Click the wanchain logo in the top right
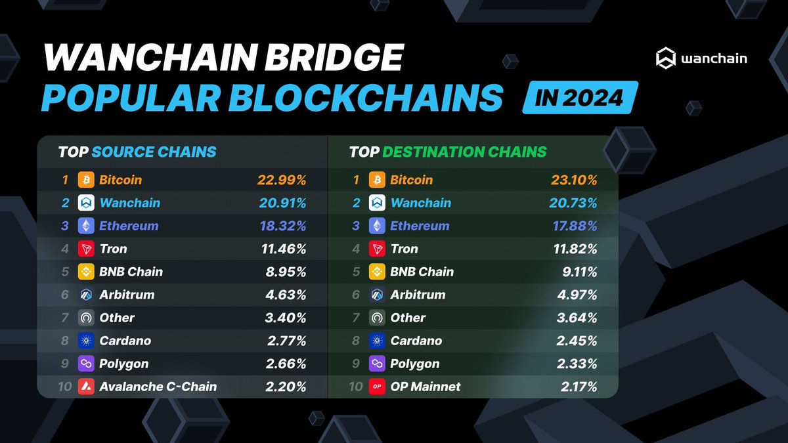click(x=701, y=58)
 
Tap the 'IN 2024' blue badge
click(x=580, y=97)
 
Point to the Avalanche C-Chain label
click(x=158, y=387)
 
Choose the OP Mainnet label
click(x=426, y=387)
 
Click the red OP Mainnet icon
click(x=377, y=387)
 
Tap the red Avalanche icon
click(x=86, y=387)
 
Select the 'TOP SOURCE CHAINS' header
click(x=137, y=152)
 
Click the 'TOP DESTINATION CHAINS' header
click(x=448, y=152)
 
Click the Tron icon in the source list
click(x=86, y=249)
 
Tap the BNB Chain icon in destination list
click(x=377, y=272)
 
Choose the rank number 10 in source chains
click(x=65, y=387)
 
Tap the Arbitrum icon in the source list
click(x=86, y=295)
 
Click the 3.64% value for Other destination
click(x=573, y=318)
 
